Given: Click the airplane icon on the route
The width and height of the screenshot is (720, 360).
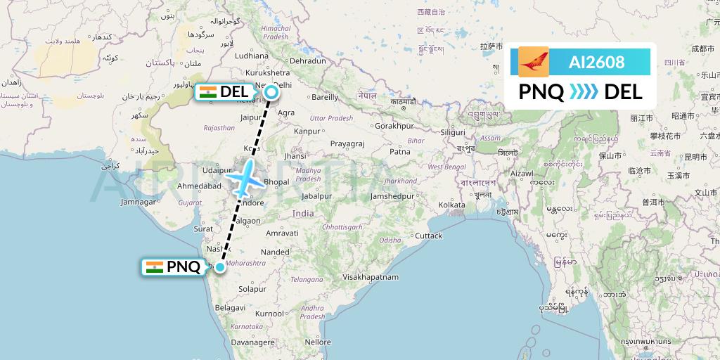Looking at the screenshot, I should [243, 179].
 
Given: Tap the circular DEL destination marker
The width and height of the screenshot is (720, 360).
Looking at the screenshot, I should [271, 91].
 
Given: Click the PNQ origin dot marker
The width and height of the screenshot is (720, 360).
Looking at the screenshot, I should [220, 267].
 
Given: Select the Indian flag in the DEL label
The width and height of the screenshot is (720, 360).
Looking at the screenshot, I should [207, 91].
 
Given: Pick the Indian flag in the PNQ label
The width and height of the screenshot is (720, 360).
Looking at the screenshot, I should [154, 267].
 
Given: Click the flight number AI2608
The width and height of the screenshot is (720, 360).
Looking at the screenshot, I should [596, 62].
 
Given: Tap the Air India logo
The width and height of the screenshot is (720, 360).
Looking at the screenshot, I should [534, 62].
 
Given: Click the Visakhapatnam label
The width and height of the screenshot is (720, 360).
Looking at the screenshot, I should [370, 277].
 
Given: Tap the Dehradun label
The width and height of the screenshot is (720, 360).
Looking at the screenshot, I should [308, 60].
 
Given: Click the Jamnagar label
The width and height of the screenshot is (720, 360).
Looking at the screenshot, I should [138, 202].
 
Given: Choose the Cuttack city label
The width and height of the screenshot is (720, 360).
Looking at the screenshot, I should [428, 236].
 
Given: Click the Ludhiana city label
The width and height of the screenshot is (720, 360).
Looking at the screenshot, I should [251, 55].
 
